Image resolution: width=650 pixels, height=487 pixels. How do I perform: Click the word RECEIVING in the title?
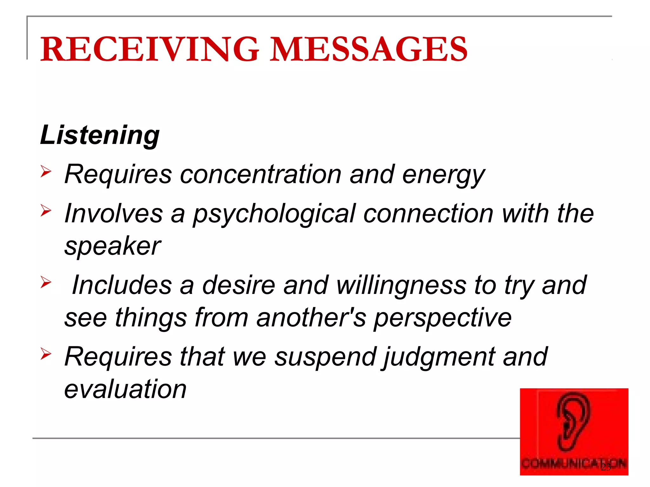pos(149,49)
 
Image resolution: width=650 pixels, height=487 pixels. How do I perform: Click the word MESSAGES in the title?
pos(368,49)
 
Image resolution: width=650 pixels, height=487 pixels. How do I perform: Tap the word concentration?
pos(261,174)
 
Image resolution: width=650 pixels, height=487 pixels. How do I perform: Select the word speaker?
pos(112,247)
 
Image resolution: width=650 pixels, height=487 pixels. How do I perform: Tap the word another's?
pos(311,318)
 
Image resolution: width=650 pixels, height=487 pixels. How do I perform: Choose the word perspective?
pos(442,318)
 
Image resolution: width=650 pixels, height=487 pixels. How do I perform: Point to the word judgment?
pos(438,358)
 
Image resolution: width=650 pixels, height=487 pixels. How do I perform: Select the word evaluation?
pos(125,389)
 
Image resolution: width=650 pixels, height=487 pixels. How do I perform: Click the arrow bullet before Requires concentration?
pos(46,172)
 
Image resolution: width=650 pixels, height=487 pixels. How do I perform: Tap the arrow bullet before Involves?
pos(46,211)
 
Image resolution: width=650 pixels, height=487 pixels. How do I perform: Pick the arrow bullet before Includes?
pos(46,282)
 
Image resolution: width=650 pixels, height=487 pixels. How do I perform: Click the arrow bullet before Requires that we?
pos(46,354)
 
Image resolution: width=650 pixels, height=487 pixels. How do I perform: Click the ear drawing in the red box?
pos(573,422)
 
